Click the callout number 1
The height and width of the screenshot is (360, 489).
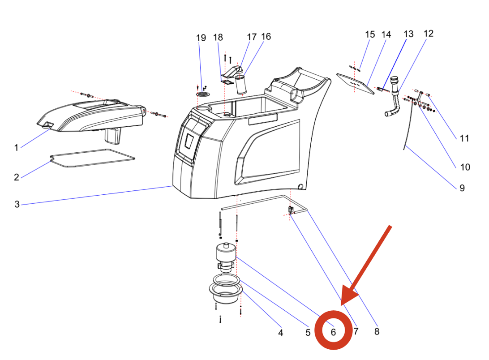coord(16,147)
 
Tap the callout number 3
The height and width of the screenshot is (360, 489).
coord(17,205)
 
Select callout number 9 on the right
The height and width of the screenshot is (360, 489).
coord(462,188)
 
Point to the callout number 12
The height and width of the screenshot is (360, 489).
coord(428,34)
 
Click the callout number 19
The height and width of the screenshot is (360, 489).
coord(201,38)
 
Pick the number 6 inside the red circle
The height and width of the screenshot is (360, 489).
coord(333,332)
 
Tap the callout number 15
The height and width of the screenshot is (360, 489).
coord(370,34)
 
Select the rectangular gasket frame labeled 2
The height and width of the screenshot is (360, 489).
coord(92,159)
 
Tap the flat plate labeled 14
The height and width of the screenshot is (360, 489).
coord(356,84)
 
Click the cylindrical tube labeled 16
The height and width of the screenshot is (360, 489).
coord(241,85)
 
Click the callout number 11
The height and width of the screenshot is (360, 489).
coord(464,138)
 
